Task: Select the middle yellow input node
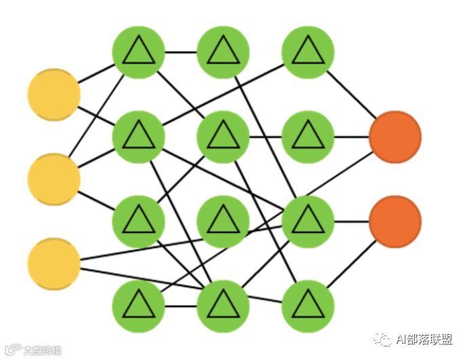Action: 54,179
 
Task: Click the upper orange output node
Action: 395,137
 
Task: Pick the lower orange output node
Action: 395,221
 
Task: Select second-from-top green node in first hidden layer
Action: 138,137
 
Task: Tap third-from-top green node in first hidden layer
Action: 138,221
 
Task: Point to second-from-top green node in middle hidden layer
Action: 223,137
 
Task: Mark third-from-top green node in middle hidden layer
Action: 223,221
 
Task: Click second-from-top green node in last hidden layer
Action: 308,137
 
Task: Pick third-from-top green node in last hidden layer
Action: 308,221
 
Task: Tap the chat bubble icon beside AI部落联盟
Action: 382,339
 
